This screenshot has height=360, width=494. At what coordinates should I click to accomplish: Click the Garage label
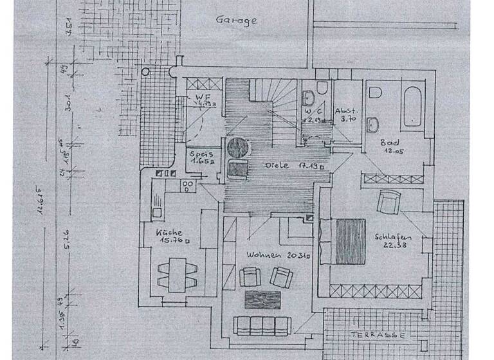[x=236, y=20]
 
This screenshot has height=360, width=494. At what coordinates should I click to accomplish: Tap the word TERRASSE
[x=378, y=335]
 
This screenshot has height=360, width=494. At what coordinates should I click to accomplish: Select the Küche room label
[x=168, y=233]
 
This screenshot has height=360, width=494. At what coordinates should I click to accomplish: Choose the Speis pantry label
[x=200, y=155]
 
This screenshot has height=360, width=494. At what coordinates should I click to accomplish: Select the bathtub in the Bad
[x=412, y=107]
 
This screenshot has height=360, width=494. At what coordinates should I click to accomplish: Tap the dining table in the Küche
[x=174, y=272]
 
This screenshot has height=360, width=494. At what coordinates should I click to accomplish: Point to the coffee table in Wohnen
[x=263, y=300]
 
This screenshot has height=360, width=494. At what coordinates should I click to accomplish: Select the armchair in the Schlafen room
[x=389, y=203]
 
